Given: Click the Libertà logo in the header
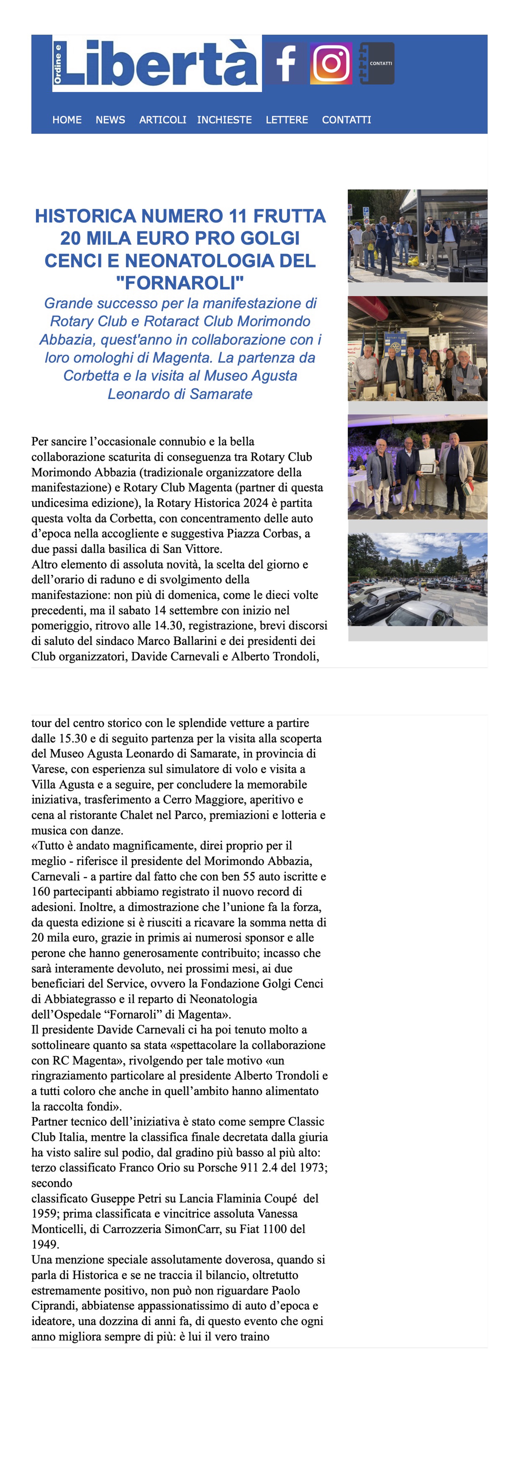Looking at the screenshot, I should click(x=157, y=63).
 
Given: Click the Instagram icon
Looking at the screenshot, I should click(x=331, y=63).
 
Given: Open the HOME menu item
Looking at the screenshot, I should click(x=67, y=120).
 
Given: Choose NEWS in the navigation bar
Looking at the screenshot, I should click(x=110, y=120).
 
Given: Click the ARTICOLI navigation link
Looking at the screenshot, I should click(x=162, y=120).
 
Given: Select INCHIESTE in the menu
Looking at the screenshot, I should click(x=224, y=120).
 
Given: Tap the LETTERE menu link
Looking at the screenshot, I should click(x=286, y=120).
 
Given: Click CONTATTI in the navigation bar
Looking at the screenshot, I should click(x=346, y=120).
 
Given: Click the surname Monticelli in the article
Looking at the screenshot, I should click(x=59, y=1229).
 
